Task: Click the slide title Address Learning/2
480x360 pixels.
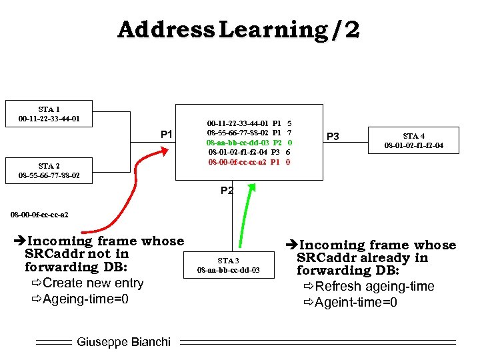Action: click(x=239, y=30)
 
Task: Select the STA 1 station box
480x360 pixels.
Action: click(x=49, y=114)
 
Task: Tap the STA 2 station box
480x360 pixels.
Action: click(x=49, y=171)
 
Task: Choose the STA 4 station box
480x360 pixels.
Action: click(x=413, y=141)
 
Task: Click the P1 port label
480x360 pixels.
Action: click(x=167, y=135)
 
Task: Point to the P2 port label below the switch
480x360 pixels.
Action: click(x=227, y=191)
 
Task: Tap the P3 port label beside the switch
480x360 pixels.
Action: click(x=333, y=137)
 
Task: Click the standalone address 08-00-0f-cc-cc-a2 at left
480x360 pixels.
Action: click(x=39, y=215)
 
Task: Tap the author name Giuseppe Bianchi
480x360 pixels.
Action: click(x=123, y=342)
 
